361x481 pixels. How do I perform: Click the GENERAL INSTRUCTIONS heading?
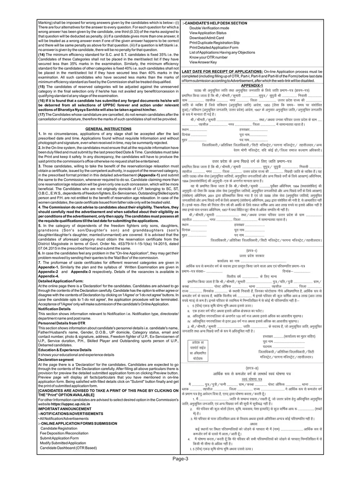108,128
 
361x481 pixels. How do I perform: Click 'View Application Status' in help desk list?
209,33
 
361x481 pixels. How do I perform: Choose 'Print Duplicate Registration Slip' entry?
215,42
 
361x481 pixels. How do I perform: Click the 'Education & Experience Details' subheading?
65,350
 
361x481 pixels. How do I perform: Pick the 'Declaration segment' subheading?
56,360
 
